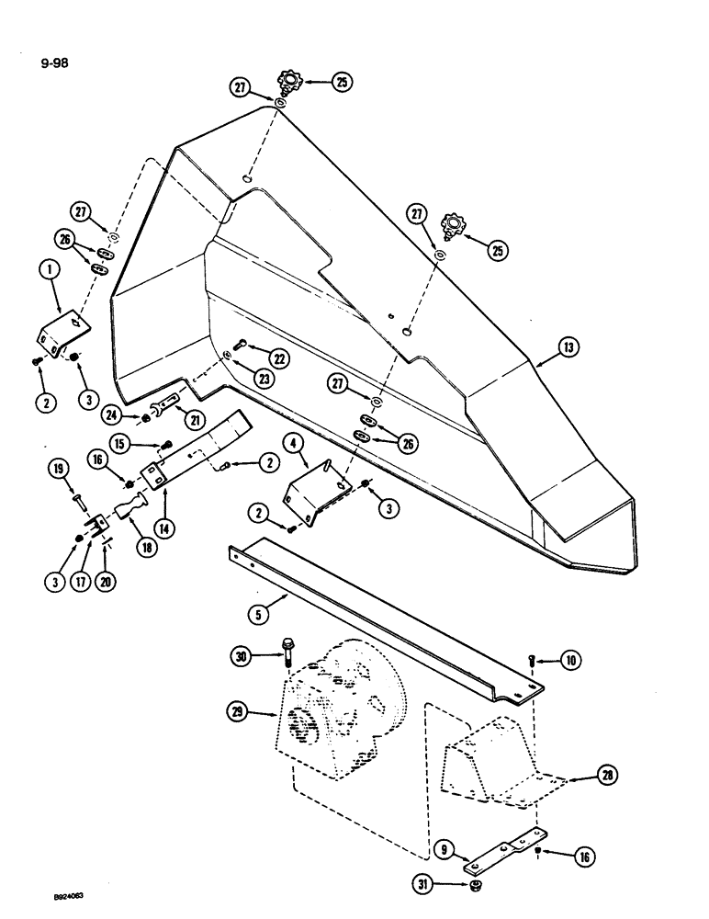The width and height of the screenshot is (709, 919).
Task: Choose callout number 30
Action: [x=241, y=655]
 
